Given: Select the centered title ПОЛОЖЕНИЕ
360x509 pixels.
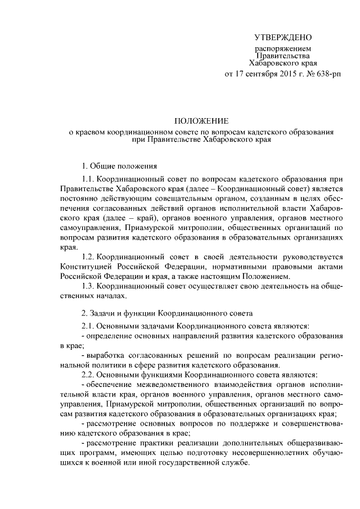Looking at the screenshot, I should click(x=201, y=121).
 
